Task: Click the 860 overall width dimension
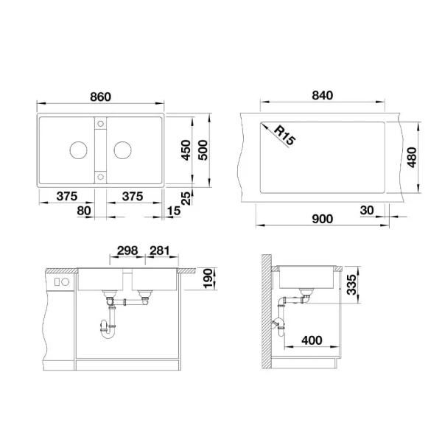point(100,97)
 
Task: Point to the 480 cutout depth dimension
point(411,156)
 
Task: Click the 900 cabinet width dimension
point(323,219)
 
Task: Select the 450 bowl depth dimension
point(185,152)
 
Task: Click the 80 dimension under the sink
point(84,211)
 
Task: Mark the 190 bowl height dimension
point(207,278)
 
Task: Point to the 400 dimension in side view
point(310,341)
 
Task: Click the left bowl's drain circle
point(77,150)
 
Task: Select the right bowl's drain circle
point(122,150)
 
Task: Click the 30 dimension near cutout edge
point(366,211)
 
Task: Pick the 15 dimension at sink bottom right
point(173,211)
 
